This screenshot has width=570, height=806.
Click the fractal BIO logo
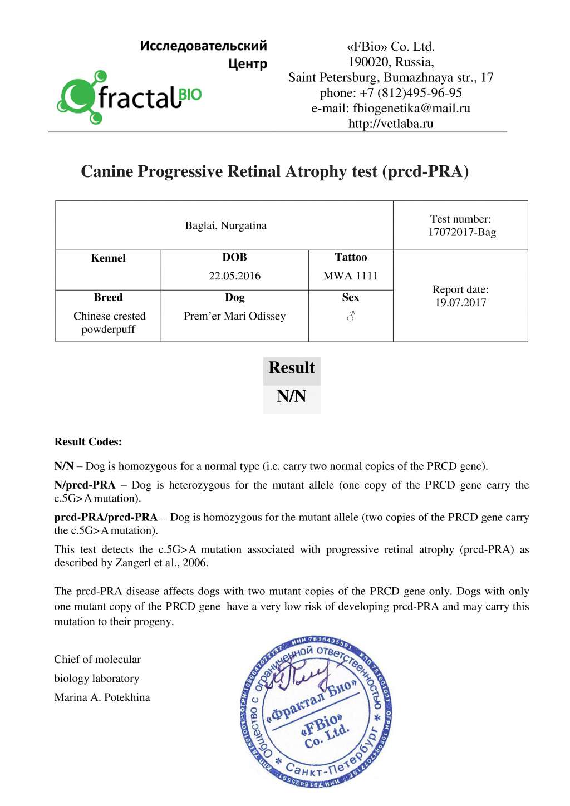tap(129, 98)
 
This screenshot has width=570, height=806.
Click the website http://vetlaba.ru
tap(391, 124)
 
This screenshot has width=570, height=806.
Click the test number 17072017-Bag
tap(461, 232)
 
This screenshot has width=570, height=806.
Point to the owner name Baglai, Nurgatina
tap(225, 225)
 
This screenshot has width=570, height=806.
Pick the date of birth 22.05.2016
tap(234, 276)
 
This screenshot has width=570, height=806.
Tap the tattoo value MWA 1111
tap(351, 276)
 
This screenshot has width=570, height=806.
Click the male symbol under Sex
tap(351, 316)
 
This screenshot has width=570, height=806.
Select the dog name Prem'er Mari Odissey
tap(234, 316)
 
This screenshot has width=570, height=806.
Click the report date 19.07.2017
tap(460, 303)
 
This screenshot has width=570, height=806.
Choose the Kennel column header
tap(108, 258)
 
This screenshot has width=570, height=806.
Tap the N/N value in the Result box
tap(292, 396)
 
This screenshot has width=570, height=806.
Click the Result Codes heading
tap(88, 442)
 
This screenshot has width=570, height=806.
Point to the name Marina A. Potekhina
tap(102, 697)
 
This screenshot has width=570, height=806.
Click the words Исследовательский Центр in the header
tap(203, 54)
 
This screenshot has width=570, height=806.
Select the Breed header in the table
tap(108, 297)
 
